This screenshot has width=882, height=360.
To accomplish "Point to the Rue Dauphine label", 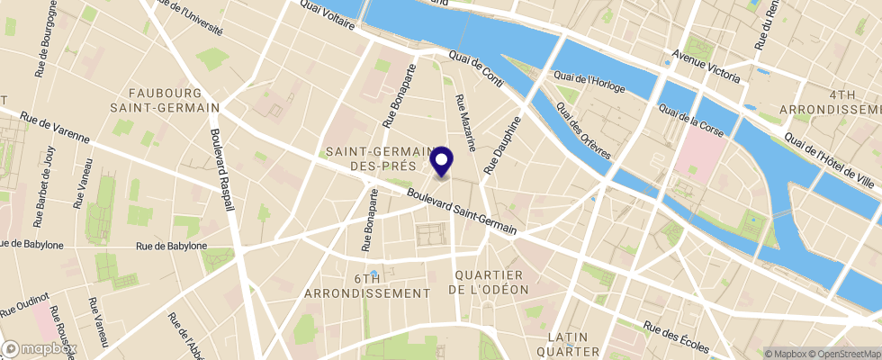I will click(503, 144).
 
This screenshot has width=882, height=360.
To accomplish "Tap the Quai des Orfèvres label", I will click(583, 130).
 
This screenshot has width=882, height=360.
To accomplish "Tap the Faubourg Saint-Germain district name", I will click(175, 100).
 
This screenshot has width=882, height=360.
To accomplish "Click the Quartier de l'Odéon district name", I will click(490, 282).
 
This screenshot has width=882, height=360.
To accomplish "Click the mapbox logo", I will click(40, 348).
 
